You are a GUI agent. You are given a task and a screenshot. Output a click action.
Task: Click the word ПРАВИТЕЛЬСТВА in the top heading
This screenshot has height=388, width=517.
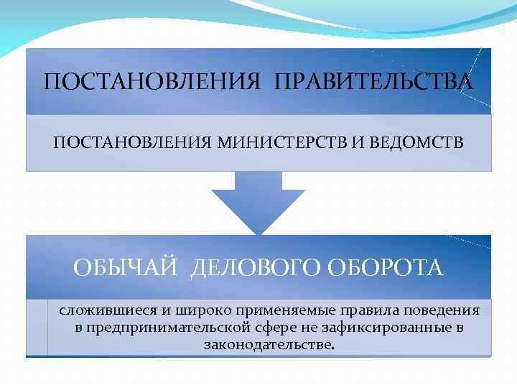tap(374, 81)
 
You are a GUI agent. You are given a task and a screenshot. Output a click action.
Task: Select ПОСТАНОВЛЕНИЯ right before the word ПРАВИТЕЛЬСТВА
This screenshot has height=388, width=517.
tap(152, 81)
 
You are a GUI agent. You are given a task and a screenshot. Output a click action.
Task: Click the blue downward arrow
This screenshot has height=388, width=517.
tap(258, 201)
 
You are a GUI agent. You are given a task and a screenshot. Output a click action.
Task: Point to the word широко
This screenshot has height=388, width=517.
tap(195, 311)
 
